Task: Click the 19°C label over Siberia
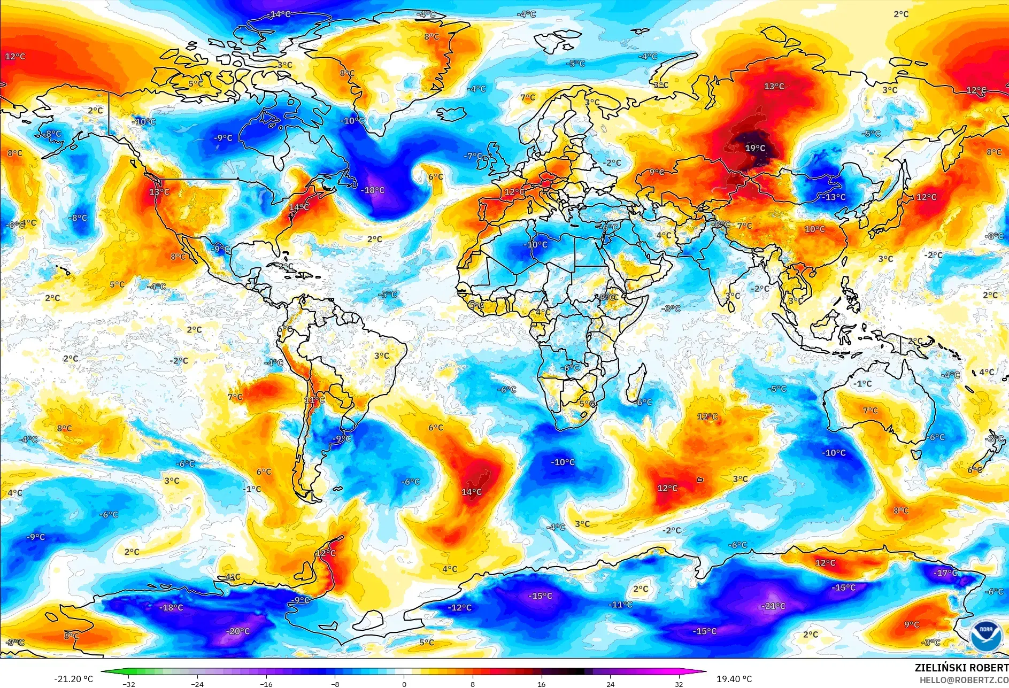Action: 755,148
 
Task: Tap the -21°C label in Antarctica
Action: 773,606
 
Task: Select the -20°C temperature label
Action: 237,631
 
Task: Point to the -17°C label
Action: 945,573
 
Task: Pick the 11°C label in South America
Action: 314,400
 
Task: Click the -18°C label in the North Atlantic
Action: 372,190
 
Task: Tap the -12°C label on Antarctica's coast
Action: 459,607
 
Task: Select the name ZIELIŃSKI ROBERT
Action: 961,668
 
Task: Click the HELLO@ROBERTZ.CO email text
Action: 964,679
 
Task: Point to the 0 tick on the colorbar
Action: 404,684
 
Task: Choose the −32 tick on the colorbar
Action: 128,684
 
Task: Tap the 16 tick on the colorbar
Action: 541,684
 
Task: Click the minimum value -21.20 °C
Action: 73,679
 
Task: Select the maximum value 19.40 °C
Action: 734,679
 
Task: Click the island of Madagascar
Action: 636,383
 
